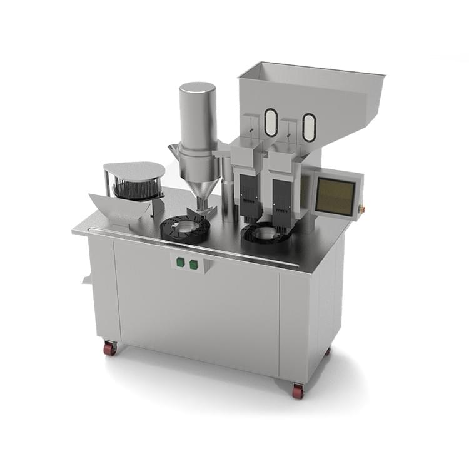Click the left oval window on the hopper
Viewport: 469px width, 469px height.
pos(270,123)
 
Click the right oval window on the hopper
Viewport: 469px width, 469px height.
pos(309,127)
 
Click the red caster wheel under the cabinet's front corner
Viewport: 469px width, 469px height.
pos(298,391)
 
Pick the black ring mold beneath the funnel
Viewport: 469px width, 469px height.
pos(185,229)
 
